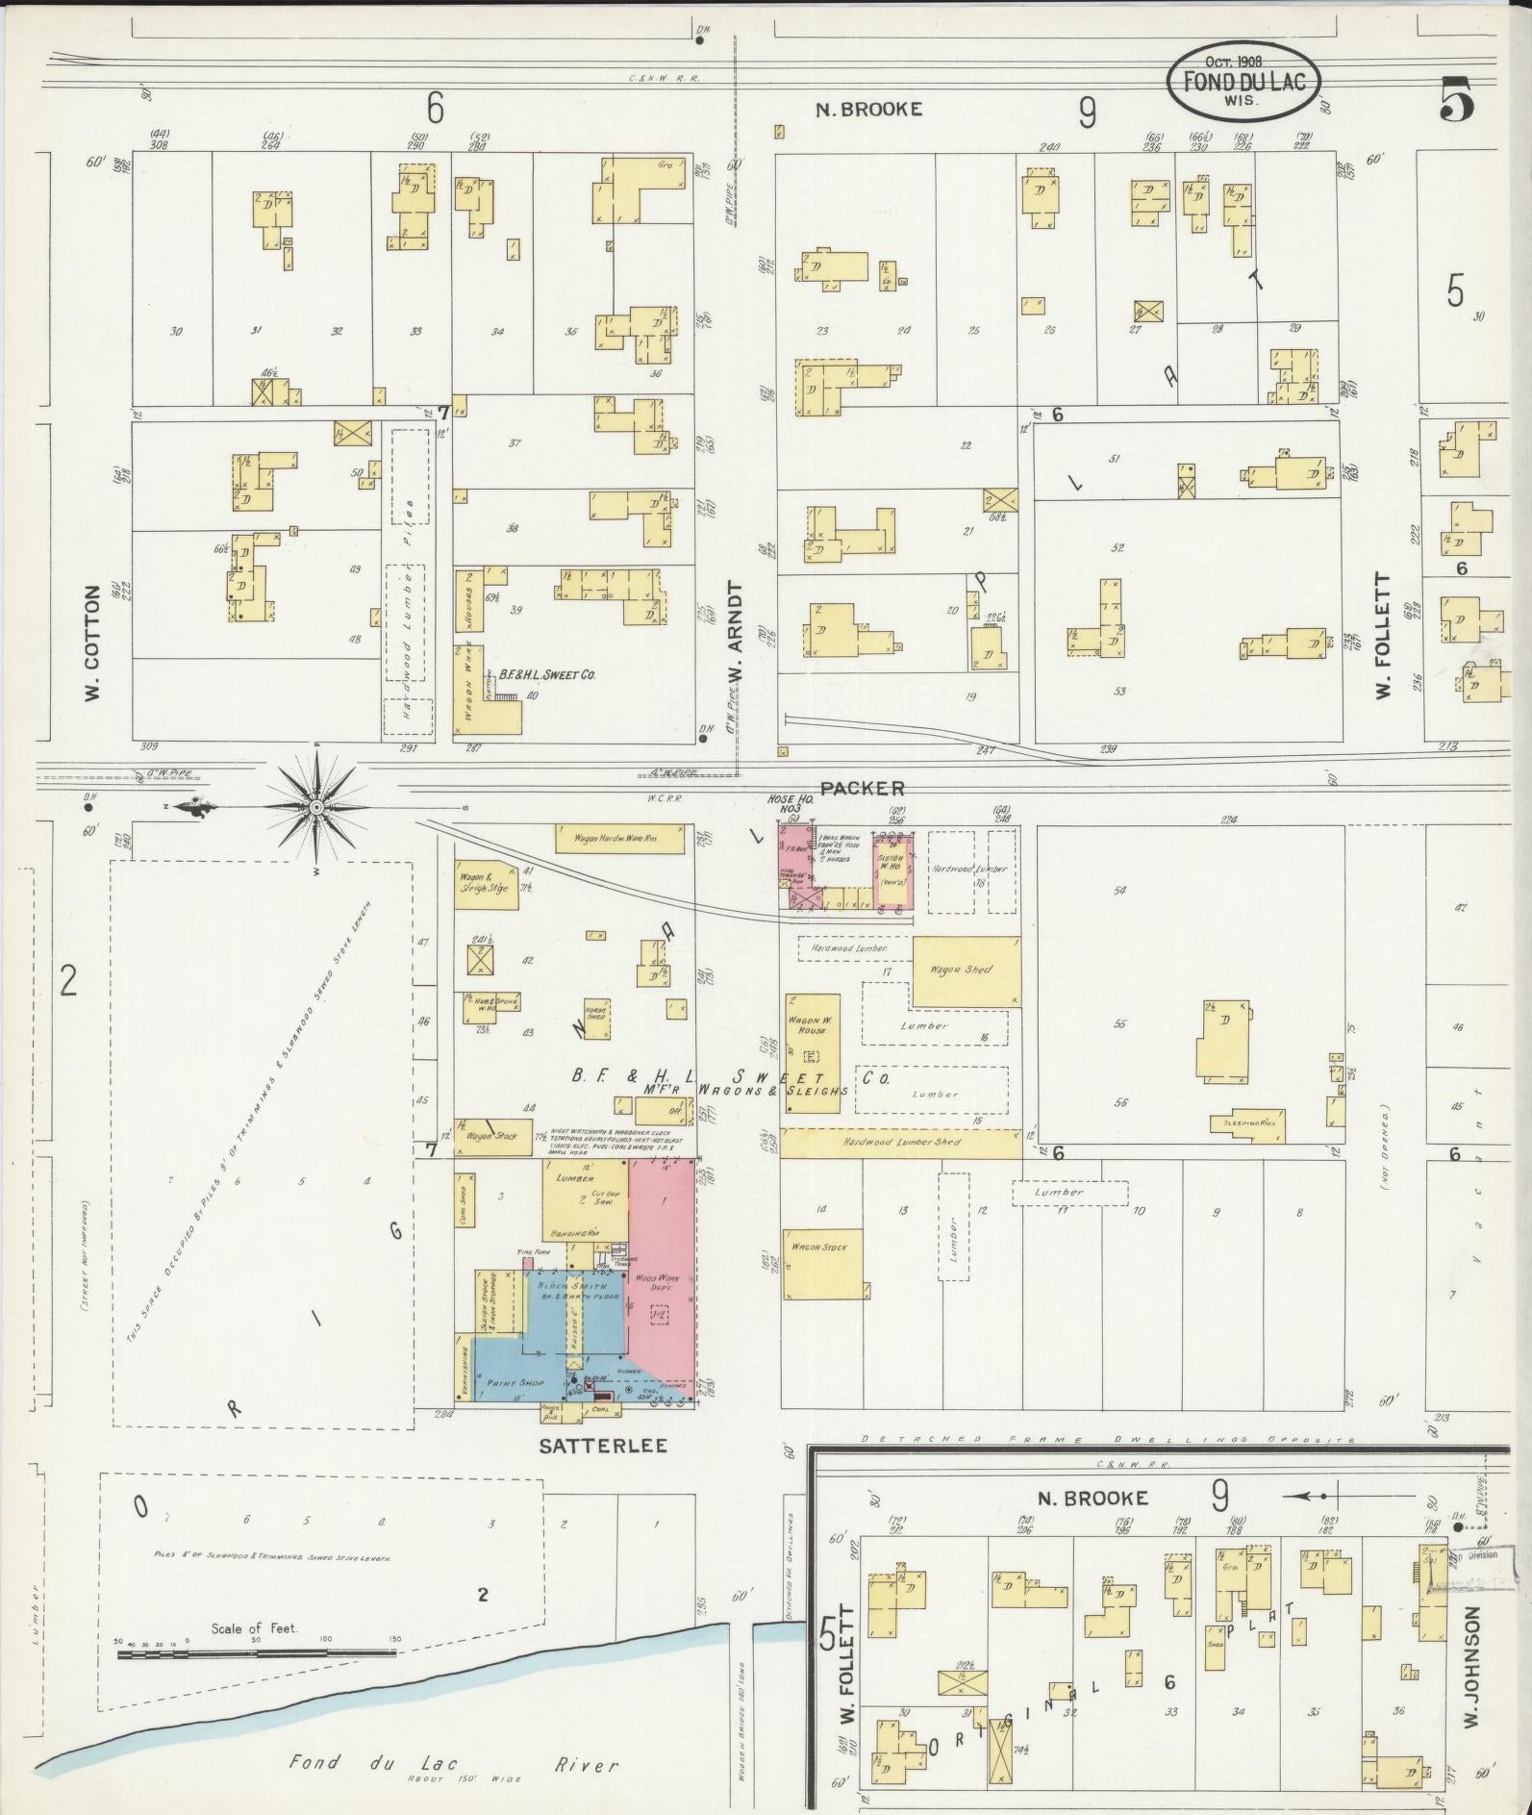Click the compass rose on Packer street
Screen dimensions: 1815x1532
(315, 807)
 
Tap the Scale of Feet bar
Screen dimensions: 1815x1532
(261, 1654)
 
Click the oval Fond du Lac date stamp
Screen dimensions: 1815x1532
(1243, 82)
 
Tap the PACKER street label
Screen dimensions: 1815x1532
(862, 788)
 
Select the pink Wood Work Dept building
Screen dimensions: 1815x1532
(664, 1270)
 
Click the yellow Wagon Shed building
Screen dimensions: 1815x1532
(965, 971)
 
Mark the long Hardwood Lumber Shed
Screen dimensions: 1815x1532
(900, 1143)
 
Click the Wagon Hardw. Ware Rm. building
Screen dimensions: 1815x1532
(619, 839)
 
